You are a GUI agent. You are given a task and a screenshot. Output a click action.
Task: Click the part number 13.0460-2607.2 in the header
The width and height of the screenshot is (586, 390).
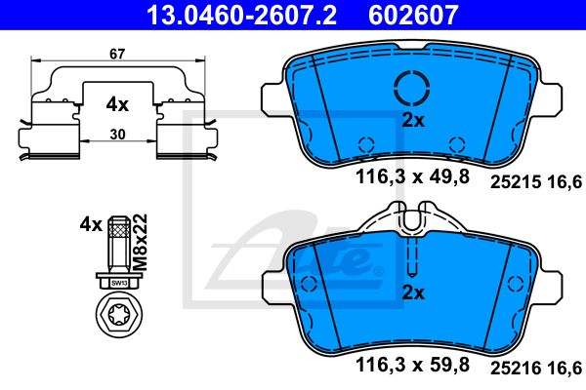pos(241,15)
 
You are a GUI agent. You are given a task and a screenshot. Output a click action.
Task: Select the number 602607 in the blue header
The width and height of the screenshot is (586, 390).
pos(413,15)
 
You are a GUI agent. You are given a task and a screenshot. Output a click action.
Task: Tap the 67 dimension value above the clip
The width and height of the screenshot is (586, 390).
pos(117,55)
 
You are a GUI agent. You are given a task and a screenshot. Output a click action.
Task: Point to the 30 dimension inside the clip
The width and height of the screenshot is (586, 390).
pos(118,135)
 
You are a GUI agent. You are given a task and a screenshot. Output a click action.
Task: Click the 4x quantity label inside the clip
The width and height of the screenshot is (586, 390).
pos(117,105)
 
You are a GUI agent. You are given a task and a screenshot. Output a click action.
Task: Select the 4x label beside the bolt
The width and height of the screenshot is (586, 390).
pos(91,225)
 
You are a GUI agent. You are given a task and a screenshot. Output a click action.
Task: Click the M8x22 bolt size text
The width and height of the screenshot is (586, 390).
pos(141,242)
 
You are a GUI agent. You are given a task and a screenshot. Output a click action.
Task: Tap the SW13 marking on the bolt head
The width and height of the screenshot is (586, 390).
pos(119,284)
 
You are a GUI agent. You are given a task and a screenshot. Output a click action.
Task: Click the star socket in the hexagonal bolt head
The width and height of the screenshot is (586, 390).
pos(119,316)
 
